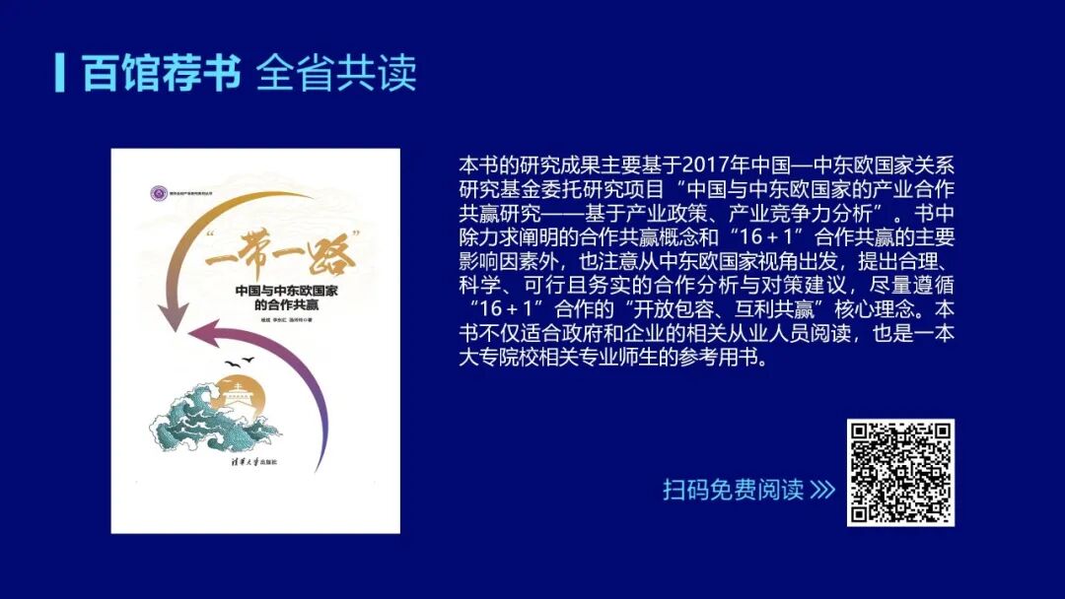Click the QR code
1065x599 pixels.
(x=900, y=472)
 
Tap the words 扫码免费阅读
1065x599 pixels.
(x=733, y=490)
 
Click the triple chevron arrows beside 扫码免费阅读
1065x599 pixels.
(x=821, y=490)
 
